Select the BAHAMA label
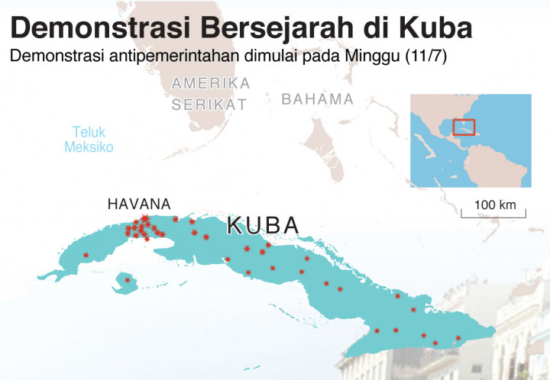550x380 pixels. [318, 99]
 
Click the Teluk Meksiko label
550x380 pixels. [89, 138]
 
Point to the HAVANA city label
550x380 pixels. [140, 204]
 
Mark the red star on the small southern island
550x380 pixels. [128, 280]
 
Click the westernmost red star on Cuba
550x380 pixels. [86, 255]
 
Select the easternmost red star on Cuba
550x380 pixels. [458, 338]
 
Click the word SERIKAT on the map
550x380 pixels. [209, 105]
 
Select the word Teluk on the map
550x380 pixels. [89, 131]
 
